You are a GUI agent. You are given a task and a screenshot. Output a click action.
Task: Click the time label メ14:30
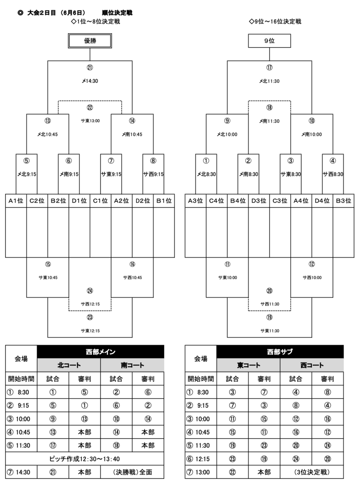pos(90,81)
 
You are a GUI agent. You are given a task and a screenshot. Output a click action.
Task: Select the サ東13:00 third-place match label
pos(90,121)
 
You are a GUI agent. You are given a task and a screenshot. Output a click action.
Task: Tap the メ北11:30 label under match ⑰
pos(269,81)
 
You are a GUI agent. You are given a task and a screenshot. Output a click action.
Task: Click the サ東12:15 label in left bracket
pos(90,331)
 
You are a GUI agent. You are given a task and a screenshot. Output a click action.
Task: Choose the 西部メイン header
pos(101,351)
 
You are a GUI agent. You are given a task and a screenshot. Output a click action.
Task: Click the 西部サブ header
pos(280,351)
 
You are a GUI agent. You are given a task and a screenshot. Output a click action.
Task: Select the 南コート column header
pos(132,365)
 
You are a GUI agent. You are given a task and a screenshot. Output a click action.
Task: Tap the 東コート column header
pos(248,365)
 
